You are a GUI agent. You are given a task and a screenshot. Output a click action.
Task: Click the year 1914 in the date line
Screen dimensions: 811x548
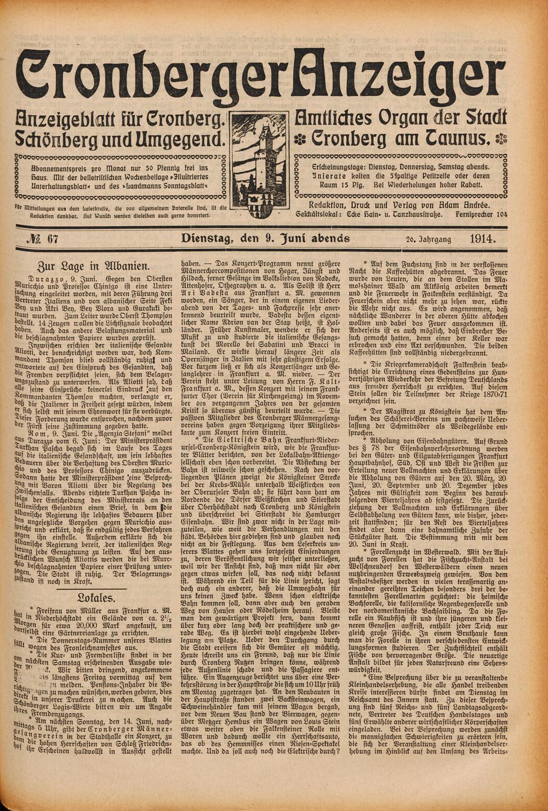click(482, 238)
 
